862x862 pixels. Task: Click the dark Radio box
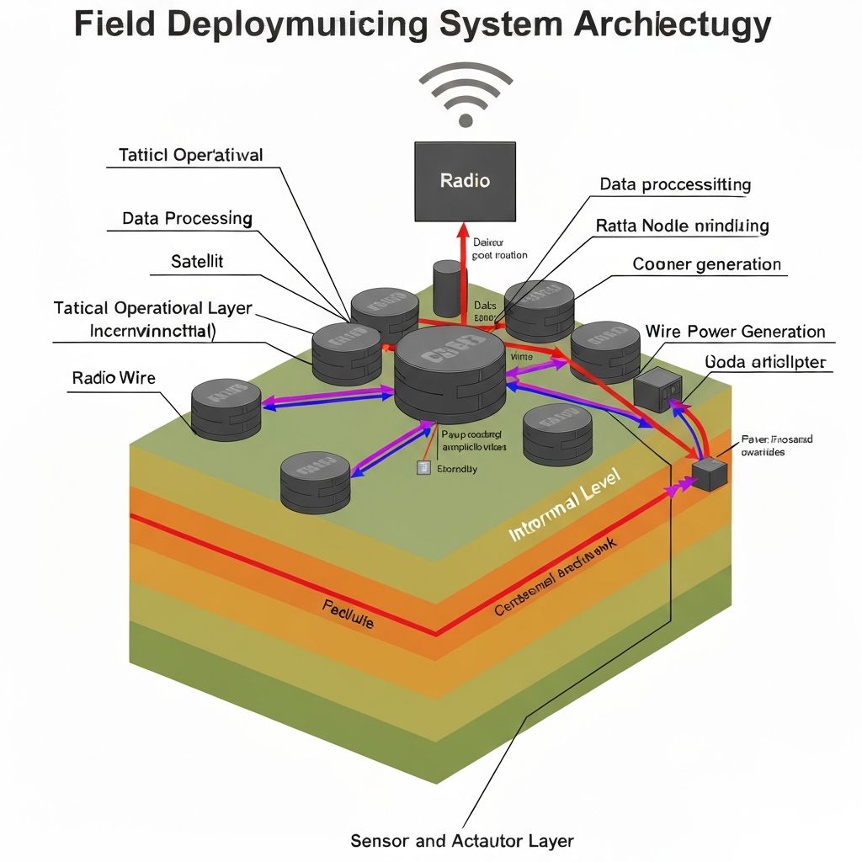click(x=465, y=181)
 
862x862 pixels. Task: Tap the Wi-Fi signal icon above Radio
click(x=465, y=94)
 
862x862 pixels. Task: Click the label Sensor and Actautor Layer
click(x=461, y=840)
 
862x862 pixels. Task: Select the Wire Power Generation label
click(x=735, y=331)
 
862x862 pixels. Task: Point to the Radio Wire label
click(x=114, y=377)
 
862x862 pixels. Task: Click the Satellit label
click(x=197, y=261)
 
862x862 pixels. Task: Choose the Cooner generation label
click(x=706, y=264)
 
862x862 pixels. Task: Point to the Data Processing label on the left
click(x=187, y=218)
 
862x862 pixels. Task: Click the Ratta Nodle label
click(x=682, y=226)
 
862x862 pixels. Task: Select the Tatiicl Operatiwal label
click(x=190, y=155)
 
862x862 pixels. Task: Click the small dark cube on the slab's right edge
click(x=710, y=474)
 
